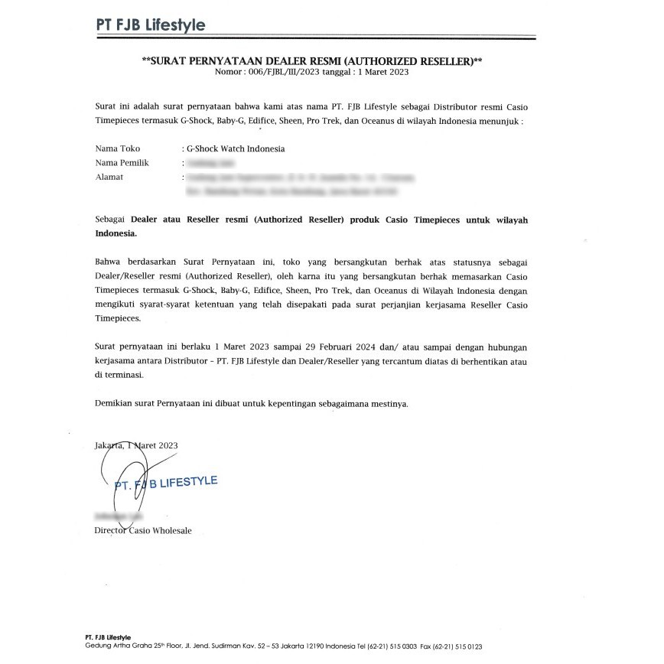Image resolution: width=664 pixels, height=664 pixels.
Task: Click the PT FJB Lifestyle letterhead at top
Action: pyautogui.click(x=150, y=25)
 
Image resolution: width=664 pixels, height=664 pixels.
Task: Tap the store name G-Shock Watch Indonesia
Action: pyautogui.click(x=236, y=148)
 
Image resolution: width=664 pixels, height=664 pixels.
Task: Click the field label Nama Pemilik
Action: pyautogui.click(x=122, y=163)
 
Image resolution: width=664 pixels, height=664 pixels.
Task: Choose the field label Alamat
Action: pyautogui.click(x=109, y=177)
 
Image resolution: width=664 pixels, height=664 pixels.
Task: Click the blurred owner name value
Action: pyautogui.click(x=210, y=163)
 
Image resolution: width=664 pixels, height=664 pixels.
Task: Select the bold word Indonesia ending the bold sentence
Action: pyautogui.click(x=116, y=233)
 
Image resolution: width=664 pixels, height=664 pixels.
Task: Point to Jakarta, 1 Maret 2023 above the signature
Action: pyautogui.click(x=136, y=444)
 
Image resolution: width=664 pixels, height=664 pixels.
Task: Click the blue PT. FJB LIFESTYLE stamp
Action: pyautogui.click(x=166, y=483)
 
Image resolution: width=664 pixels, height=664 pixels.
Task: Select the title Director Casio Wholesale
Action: pyautogui.click(x=143, y=530)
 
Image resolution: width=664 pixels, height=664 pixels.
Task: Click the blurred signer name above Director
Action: pyautogui.click(x=116, y=517)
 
